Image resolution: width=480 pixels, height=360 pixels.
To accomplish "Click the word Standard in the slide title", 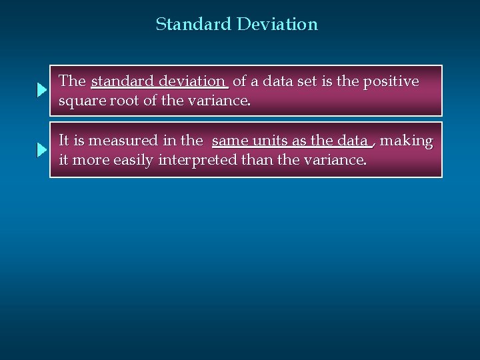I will coord(193,25).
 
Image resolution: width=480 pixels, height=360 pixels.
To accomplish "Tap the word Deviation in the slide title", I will coord(277,25).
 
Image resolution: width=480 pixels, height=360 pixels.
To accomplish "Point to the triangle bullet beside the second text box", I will coord(41,151).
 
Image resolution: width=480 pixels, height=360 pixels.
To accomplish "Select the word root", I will coord(122,101).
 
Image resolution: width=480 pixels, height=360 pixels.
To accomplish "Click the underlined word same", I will coord(231,141).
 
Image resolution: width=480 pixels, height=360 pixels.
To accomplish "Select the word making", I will coord(406,141).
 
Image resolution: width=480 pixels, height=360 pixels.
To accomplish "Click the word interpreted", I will coord(197,161).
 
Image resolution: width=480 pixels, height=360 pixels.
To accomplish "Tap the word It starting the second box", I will coord(63,141).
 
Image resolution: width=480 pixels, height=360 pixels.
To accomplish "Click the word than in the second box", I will coord(261,161).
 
